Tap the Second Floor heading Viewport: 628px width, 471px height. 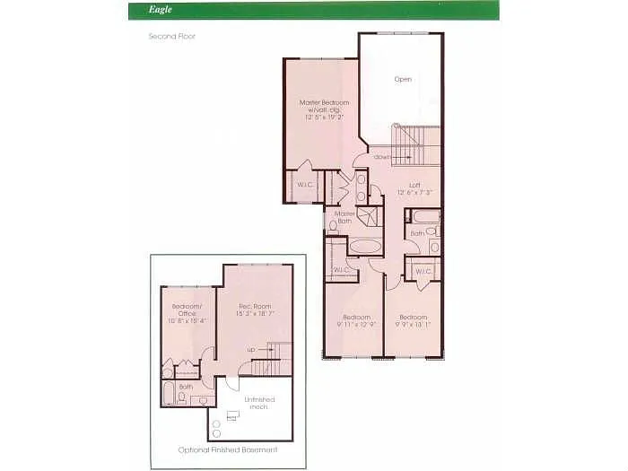[x=171, y=37]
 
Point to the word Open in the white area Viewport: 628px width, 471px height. [x=403, y=79]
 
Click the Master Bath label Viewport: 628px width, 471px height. [x=345, y=217]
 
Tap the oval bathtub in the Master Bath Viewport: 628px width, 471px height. [x=365, y=246]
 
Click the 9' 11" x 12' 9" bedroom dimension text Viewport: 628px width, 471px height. [x=356, y=324]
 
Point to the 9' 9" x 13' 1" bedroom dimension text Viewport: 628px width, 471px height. [x=414, y=324]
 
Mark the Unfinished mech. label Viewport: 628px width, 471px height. [x=260, y=402]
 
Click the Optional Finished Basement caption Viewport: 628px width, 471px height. [x=227, y=449]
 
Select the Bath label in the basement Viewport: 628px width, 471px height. [x=185, y=388]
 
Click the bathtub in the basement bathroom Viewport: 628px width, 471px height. [x=170, y=393]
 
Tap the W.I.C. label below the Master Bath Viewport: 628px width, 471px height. [x=341, y=270]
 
